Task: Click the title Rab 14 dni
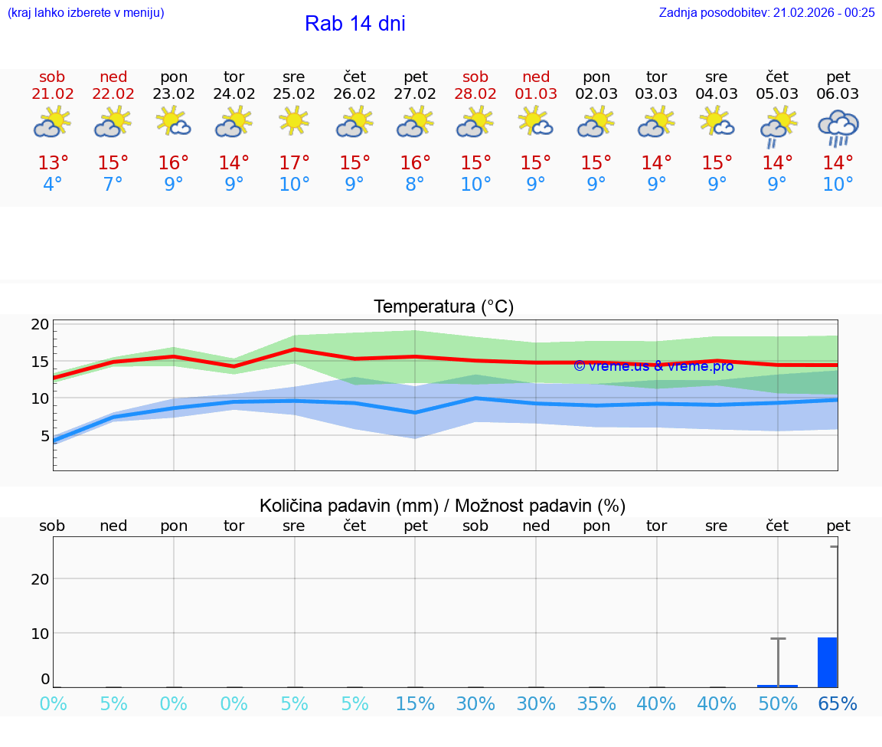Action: coord(354,24)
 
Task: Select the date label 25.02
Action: coord(294,93)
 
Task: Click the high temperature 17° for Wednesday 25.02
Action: coord(294,163)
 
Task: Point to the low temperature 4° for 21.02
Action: coord(53,185)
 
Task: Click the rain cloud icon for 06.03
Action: coord(838,126)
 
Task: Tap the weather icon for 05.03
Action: coord(778,126)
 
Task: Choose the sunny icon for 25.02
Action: coord(294,121)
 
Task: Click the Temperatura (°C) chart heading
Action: coord(443,306)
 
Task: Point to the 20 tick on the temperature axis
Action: coord(40,324)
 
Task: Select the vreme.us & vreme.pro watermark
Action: coord(654,366)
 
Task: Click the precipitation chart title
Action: coord(443,506)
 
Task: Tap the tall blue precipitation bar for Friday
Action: coord(828,662)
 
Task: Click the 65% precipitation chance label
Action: coord(838,704)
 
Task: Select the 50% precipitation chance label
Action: coord(778,704)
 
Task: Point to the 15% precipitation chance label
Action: coord(415,704)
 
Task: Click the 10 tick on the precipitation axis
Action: coord(40,633)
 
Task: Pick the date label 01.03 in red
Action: coord(536,93)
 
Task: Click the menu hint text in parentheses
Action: coord(86,12)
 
